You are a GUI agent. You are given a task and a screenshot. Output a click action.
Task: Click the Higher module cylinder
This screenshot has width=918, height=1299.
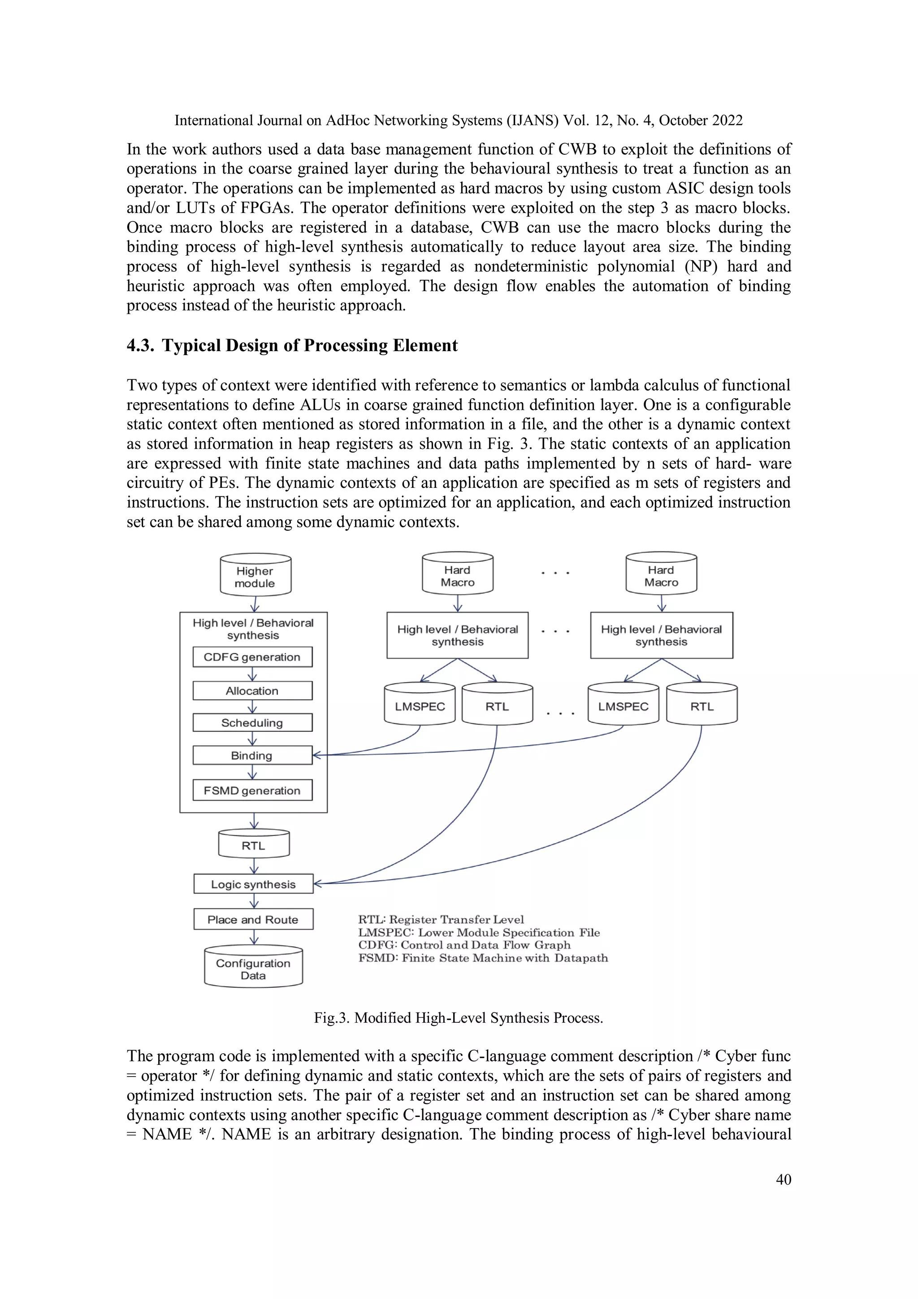point(255,575)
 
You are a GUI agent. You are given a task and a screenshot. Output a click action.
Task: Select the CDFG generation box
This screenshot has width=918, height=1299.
point(252,657)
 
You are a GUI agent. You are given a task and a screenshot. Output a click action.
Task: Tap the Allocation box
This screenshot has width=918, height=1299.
point(252,691)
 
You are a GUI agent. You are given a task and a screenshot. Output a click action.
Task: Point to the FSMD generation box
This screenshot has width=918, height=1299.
point(252,791)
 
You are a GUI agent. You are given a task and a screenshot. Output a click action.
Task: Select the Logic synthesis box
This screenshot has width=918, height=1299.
point(253,884)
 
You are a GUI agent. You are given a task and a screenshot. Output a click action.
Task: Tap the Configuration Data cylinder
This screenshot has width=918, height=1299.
point(253,968)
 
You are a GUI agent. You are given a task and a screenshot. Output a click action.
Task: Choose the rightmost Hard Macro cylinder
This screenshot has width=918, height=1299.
point(661,574)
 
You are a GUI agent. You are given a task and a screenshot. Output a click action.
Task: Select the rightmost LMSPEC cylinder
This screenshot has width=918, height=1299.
point(624,705)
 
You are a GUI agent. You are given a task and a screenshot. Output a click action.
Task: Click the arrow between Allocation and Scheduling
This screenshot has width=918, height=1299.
point(253,707)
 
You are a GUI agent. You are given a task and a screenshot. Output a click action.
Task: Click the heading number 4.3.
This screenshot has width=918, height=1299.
point(140,346)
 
